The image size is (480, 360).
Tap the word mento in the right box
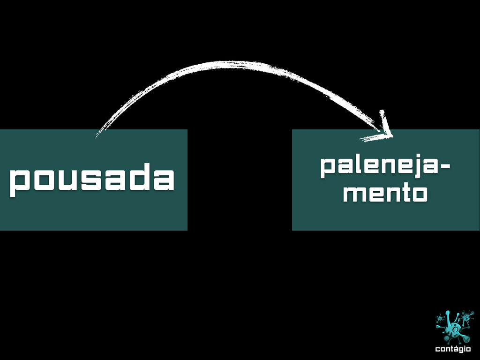pos(384,193)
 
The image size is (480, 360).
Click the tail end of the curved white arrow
pos(97,136)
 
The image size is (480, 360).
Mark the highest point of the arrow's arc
pos(230,63)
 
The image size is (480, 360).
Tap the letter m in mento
pos(352,194)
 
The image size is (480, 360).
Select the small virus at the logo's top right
pos(466,317)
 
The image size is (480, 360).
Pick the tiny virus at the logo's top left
pos(440,319)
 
